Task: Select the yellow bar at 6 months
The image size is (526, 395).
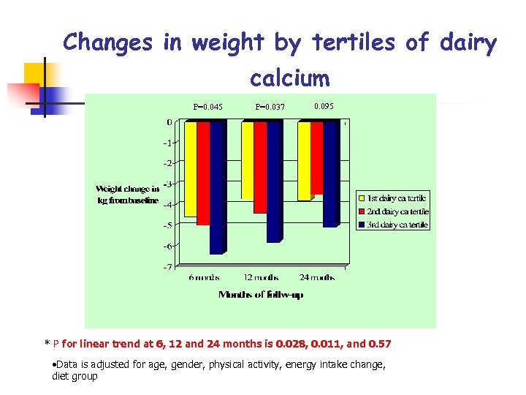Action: tap(190, 169)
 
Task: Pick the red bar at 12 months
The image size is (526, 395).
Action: tap(260, 168)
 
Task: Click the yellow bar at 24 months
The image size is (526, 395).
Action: tap(305, 161)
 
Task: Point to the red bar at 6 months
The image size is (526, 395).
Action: tap(203, 173)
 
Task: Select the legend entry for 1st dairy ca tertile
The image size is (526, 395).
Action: tap(392, 198)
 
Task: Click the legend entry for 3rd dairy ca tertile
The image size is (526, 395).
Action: tap(393, 225)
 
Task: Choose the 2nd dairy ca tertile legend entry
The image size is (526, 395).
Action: tap(393, 211)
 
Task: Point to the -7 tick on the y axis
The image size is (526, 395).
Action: tap(168, 267)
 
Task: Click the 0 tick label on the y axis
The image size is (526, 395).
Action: tap(169, 122)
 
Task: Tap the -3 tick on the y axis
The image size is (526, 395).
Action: tap(168, 184)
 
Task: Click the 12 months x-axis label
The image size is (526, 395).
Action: tap(261, 278)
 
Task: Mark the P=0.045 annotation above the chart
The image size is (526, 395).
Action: tap(207, 107)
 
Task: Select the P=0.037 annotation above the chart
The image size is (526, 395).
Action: tap(270, 107)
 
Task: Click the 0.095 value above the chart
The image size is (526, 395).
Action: tap(324, 106)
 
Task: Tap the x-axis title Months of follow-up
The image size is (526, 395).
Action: tap(261, 295)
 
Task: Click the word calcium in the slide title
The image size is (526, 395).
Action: tap(289, 78)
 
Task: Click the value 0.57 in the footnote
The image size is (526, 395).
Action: tap(381, 344)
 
